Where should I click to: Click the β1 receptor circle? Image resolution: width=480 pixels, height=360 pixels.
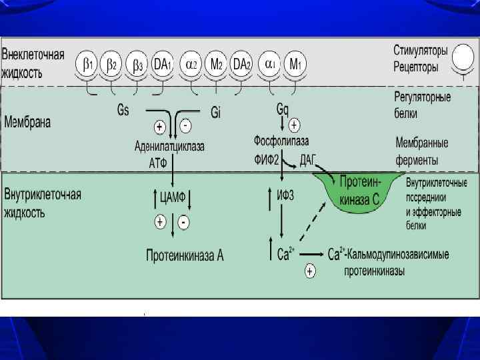[88, 65]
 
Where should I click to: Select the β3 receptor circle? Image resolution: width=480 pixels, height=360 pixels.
[137, 65]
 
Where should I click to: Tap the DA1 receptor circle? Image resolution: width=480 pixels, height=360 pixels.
[163, 65]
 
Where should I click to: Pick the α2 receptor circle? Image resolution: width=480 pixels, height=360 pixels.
[191, 65]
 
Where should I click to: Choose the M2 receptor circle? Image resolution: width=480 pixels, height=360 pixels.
[216, 65]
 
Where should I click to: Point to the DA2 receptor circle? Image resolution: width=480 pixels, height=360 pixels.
[241, 65]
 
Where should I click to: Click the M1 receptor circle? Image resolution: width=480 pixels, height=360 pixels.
[294, 65]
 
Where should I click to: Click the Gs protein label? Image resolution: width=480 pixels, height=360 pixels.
[123, 111]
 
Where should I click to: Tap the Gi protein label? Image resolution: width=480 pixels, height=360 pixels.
[216, 113]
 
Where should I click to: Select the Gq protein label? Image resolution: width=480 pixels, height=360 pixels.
[283, 108]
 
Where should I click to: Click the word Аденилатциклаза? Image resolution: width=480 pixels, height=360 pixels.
[169, 146]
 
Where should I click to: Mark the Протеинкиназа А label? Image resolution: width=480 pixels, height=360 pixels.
[185, 255]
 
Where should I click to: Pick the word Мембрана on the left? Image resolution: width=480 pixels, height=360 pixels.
[27, 123]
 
